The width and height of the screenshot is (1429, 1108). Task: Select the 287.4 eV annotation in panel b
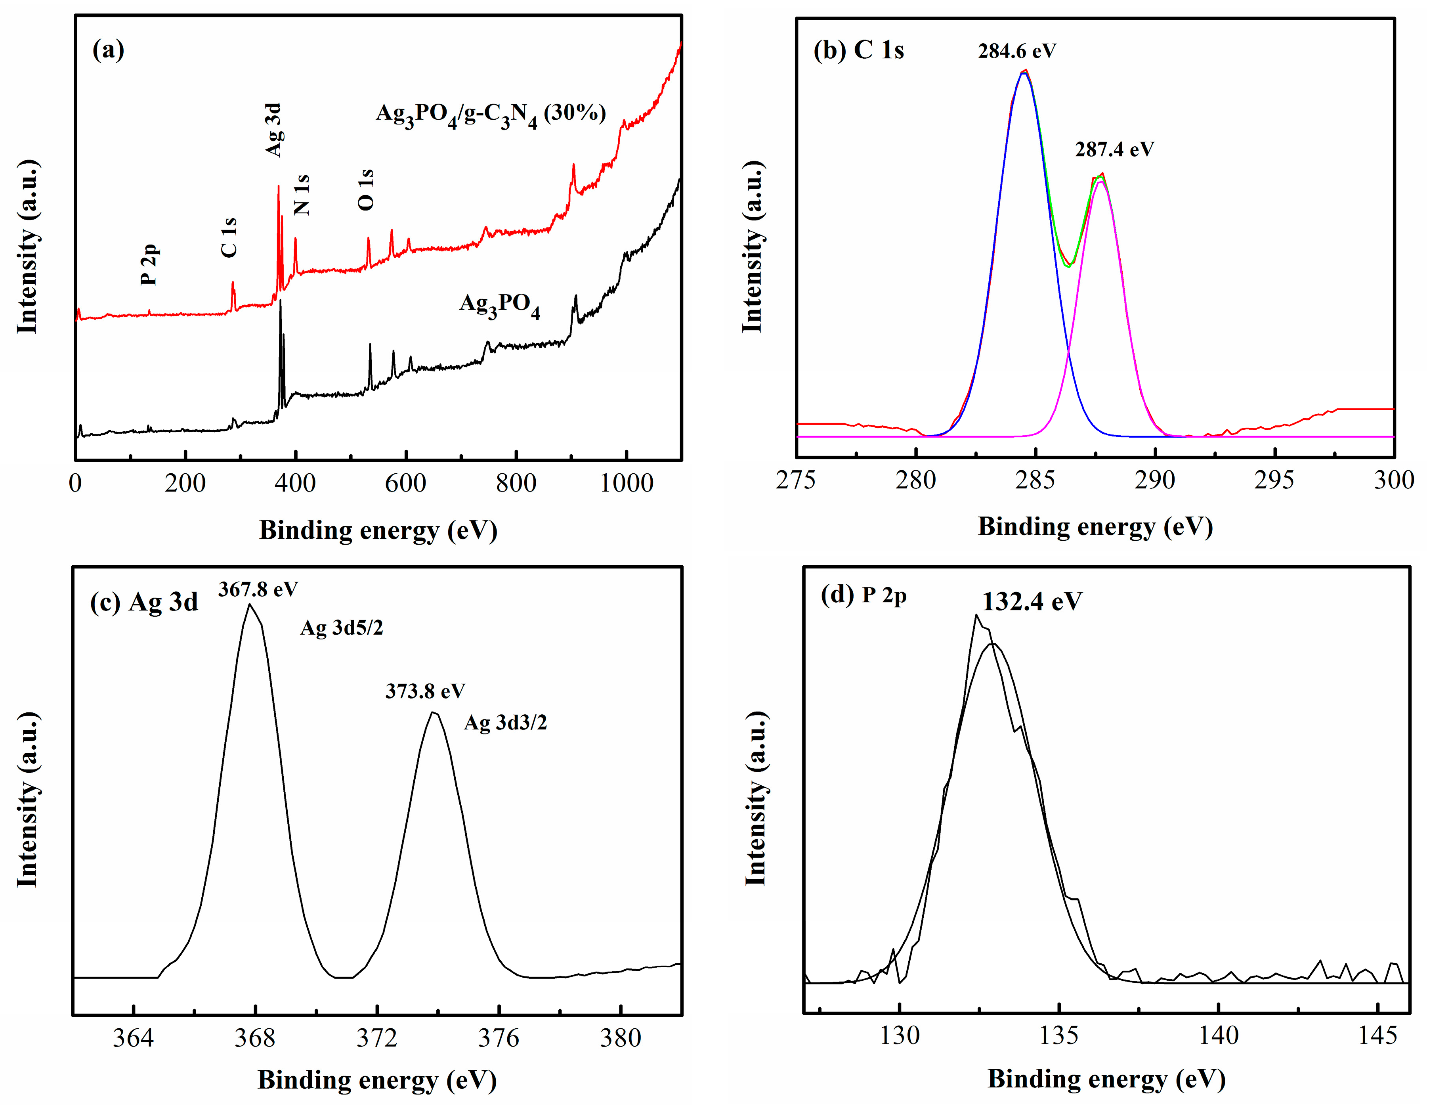pyautogui.click(x=1114, y=150)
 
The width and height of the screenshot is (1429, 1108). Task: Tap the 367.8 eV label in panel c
pyautogui.click(x=258, y=589)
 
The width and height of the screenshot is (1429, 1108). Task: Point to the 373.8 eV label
pyautogui.click(x=425, y=691)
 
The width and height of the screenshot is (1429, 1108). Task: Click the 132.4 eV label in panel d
pyautogui.click(x=1032, y=601)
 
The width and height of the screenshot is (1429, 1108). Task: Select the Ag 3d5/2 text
pyautogui.click(x=342, y=628)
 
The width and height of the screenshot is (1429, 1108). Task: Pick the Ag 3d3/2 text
pyautogui.click(x=505, y=723)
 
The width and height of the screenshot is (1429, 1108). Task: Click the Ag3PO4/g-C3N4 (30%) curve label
pyautogui.click(x=490, y=115)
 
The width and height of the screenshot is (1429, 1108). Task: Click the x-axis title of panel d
pyautogui.click(x=1106, y=1079)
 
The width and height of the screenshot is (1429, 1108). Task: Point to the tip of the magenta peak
pyautogui.click(x=1101, y=181)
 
